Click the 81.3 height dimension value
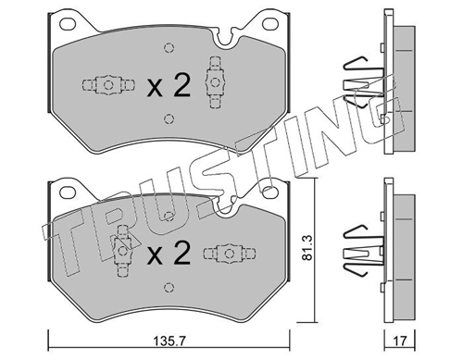[x=307, y=248]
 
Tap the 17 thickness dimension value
[x=400, y=341]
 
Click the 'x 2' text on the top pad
[x=169, y=86]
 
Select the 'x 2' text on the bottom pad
[x=169, y=254]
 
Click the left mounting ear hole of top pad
[x=68, y=23]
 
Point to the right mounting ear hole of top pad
[x=270, y=23]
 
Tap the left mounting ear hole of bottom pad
[x=68, y=192]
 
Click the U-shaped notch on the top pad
[x=225, y=40]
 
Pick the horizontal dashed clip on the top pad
[x=108, y=84]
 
